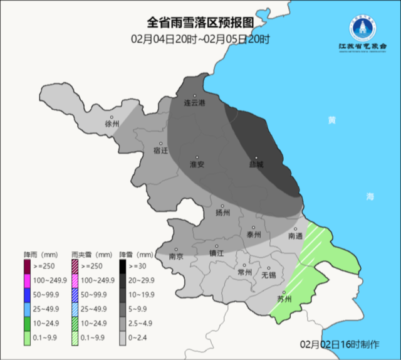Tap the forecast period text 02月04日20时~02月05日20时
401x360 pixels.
pyautogui.click(x=200, y=39)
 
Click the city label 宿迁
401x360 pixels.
pyautogui.click(x=161, y=151)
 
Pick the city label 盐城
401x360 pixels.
pyautogui.click(x=256, y=164)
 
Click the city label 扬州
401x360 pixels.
pyautogui.click(x=222, y=212)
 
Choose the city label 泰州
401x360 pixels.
pyautogui.click(x=253, y=235)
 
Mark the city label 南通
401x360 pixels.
pyautogui.click(x=296, y=236)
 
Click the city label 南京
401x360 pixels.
pyautogui.click(x=176, y=256)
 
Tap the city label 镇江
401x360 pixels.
pyautogui.click(x=216, y=253)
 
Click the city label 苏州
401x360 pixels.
pyautogui.click(x=284, y=299)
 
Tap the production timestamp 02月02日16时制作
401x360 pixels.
pyautogui.click(x=339, y=344)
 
